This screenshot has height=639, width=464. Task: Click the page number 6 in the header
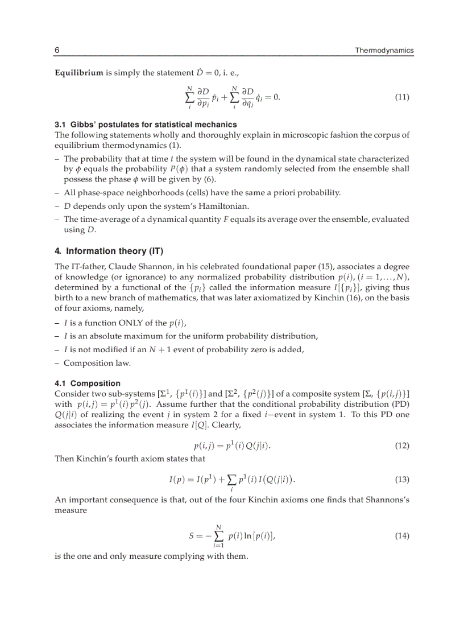pyautogui.click(x=57, y=51)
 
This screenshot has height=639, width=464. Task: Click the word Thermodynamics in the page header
pyautogui.click(x=384, y=51)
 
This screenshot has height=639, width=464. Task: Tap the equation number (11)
pyautogui.click(x=402, y=97)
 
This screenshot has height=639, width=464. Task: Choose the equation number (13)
pyautogui.click(x=402, y=480)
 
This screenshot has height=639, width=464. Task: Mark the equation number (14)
pyautogui.click(x=402, y=536)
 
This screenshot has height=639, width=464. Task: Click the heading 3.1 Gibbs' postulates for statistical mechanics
pyautogui.click(x=146, y=124)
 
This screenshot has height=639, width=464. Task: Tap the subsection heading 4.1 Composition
pyautogui.click(x=88, y=384)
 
